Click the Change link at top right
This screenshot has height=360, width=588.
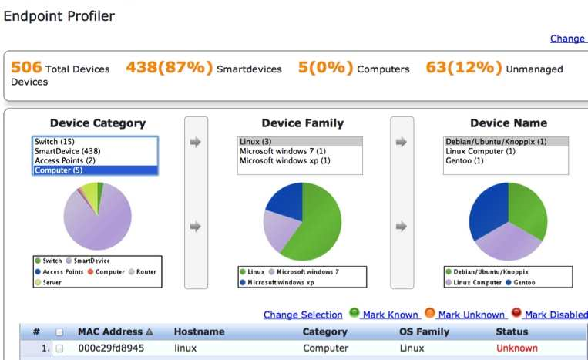tap(567, 39)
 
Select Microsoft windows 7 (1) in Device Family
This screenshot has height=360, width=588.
tap(283, 151)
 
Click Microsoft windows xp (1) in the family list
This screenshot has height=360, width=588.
tap(285, 161)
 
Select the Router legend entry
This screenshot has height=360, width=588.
tap(146, 272)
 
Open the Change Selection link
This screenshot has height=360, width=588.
tap(303, 315)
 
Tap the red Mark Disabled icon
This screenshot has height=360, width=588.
tap(516, 313)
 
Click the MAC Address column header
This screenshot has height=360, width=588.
tap(111, 331)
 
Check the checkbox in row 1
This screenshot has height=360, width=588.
tap(59, 348)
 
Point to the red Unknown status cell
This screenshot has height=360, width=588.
tap(516, 348)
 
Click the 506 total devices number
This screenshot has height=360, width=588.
tap(25, 68)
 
